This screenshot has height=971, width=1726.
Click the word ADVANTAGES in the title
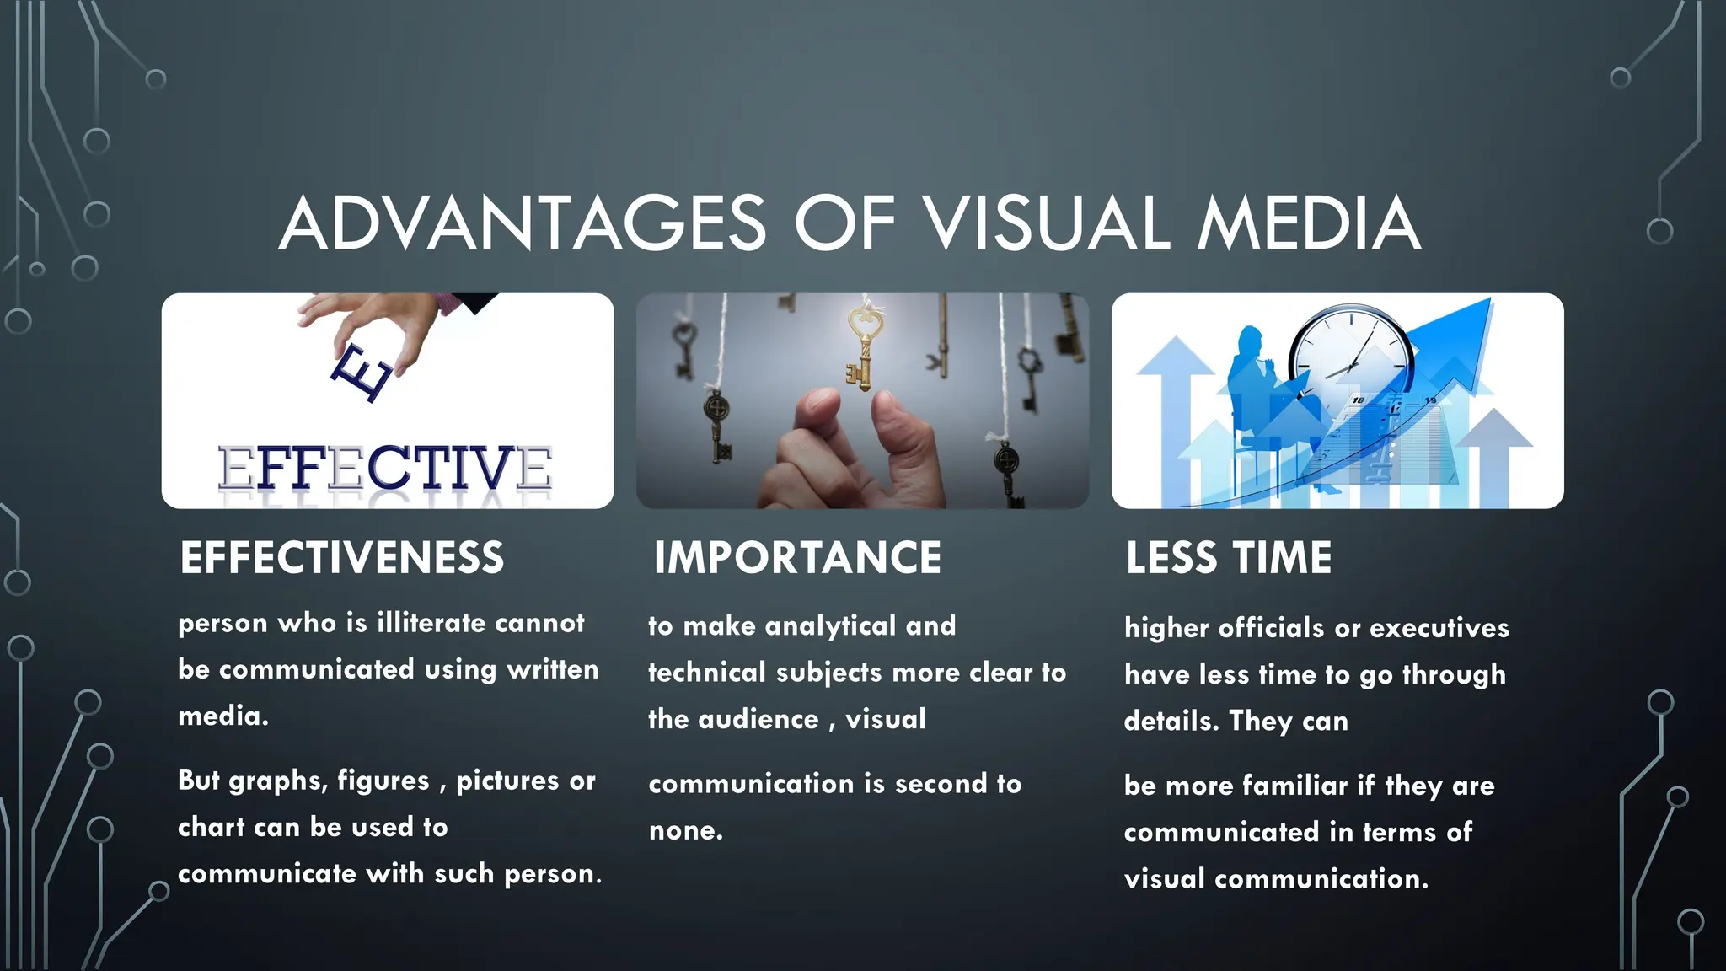tap(523, 223)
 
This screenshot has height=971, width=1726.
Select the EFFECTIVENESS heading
tap(341, 558)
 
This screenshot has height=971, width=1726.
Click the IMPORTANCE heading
tap(797, 558)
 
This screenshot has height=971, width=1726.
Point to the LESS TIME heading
tap(1229, 558)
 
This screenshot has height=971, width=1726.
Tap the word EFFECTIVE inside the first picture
tap(385, 469)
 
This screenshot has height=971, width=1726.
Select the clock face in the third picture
tap(1351, 351)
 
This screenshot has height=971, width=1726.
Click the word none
tap(684, 831)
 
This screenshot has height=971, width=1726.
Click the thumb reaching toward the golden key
tap(902, 438)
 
